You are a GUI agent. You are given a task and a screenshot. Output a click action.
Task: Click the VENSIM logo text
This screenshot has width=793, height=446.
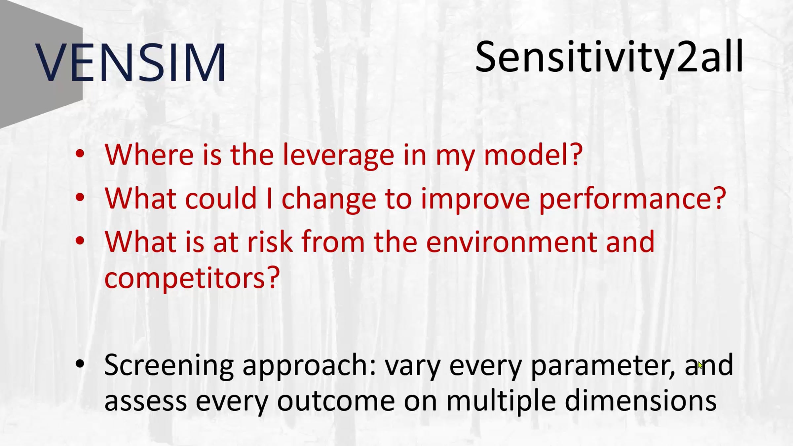[x=131, y=62]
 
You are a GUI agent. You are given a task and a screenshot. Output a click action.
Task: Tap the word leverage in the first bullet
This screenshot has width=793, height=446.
[x=339, y=156]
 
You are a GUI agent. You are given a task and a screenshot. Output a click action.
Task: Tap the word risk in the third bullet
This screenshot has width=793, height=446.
[x=270, y=242]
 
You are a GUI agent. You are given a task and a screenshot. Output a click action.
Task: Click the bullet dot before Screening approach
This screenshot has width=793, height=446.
[x=80, y=364]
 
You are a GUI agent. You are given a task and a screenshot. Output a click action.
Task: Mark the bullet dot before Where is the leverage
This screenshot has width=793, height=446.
[x=80, y=154]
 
